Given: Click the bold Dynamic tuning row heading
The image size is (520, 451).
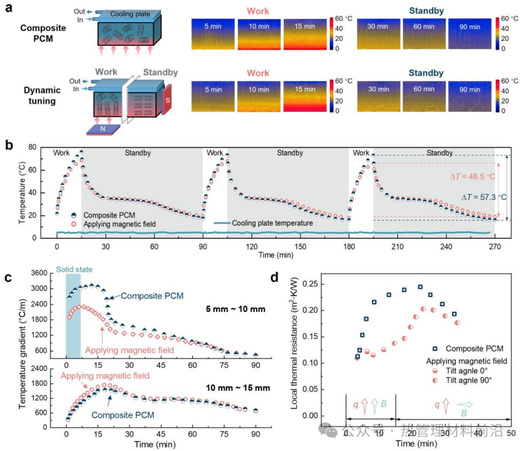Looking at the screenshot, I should click(39, 96).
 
